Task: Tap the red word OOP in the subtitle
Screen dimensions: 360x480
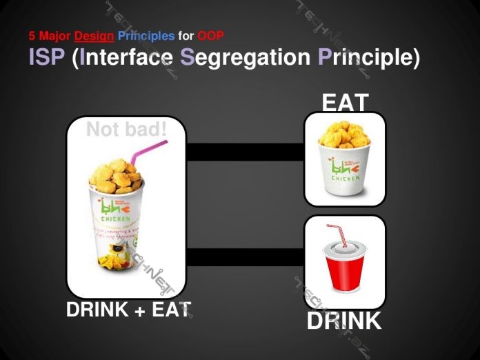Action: [210, 36]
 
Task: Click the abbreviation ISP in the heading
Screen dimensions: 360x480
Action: [46, 57]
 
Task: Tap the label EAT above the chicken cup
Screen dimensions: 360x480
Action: [345, 103]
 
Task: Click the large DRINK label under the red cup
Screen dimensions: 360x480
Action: [343, 321]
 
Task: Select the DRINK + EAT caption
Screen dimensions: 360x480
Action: [128, 310]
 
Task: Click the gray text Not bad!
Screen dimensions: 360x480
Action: [127, 129]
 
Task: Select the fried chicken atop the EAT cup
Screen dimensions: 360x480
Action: [344, 134]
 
